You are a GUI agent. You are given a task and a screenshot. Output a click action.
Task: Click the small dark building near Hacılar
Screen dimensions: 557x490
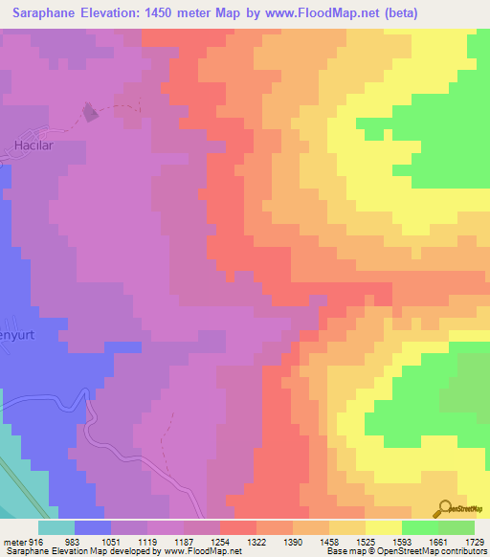pos(91,113)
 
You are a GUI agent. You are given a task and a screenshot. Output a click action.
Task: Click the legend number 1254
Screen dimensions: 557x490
pos(220,541)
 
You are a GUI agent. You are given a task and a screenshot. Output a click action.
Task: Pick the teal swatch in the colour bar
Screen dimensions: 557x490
pos(56,526)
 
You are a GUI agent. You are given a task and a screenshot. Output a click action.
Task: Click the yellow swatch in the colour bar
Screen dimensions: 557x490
pos(384,526)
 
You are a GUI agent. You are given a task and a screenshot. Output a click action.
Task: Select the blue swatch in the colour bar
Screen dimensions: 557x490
pos(93,526)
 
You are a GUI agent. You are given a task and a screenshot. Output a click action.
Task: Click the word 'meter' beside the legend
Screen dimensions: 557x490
pos(11,541)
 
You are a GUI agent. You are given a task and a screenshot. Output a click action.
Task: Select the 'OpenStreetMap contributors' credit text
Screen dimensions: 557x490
pos(441,551)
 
